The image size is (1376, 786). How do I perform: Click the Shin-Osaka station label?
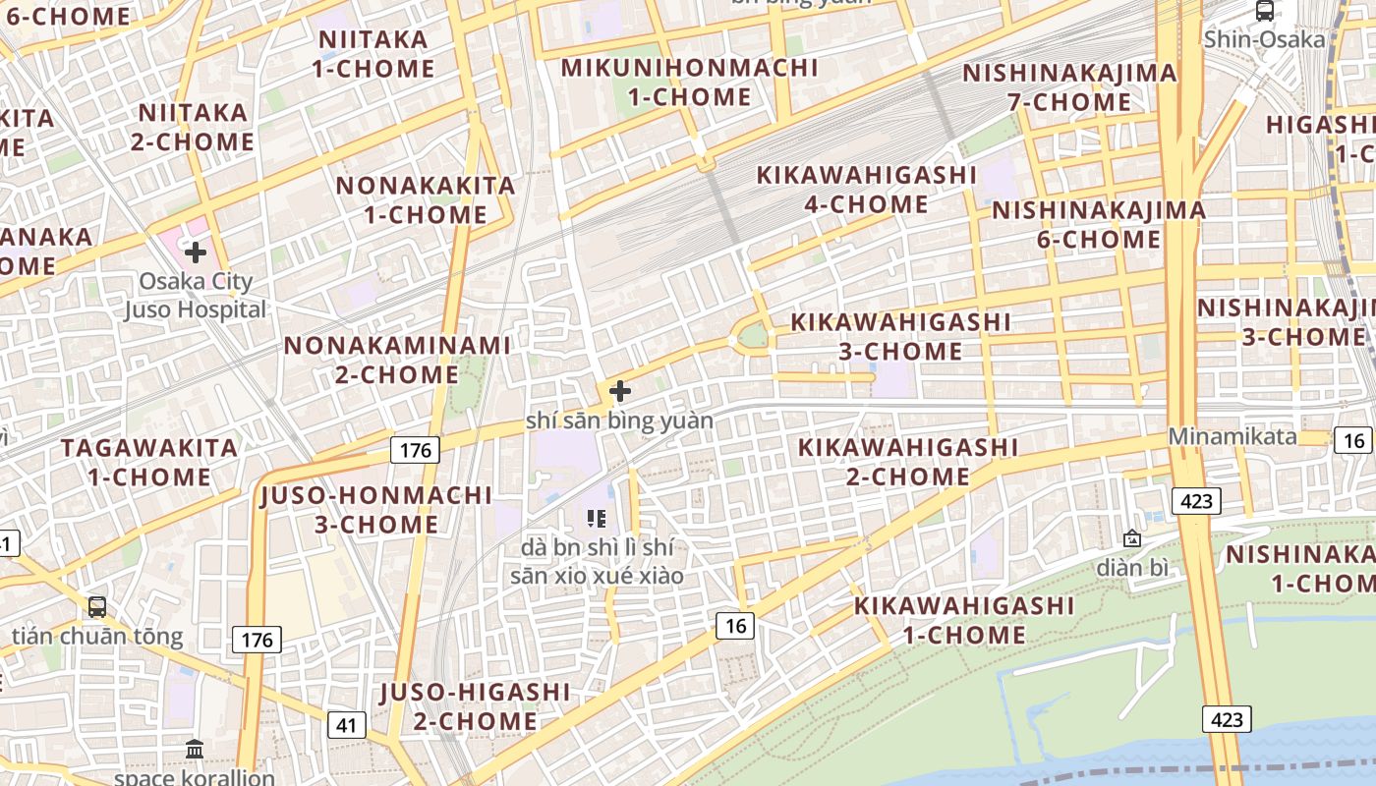(1264, 40)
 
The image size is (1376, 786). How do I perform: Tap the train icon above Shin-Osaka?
(1265, 11)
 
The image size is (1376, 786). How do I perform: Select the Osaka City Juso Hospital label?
(196, 295)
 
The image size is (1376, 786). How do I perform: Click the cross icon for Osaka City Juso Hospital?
(196, 253)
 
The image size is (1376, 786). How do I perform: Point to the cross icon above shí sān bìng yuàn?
(620, 391)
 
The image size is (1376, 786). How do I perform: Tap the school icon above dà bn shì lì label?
(596, 518)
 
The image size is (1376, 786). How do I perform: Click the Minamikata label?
(1233, 436)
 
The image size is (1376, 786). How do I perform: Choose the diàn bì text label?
(1132, 567)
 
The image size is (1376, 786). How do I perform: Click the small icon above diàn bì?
(1132, 538)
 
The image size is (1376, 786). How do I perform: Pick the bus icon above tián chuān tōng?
(97, 606)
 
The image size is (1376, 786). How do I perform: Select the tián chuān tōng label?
(97, 636)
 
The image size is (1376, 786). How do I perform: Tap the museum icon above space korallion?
(195, 750)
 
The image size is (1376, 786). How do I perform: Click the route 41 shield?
(346, 726)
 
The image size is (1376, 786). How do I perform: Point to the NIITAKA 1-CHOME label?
(373, 54)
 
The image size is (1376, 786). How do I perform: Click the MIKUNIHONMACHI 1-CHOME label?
(689, 83)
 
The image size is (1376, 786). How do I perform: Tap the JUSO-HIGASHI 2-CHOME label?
(475, 706)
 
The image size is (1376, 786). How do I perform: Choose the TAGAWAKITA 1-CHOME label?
(149, 463)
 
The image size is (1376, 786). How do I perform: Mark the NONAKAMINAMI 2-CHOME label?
(397, 360)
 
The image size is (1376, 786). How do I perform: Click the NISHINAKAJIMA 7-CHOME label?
(1069, 87)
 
